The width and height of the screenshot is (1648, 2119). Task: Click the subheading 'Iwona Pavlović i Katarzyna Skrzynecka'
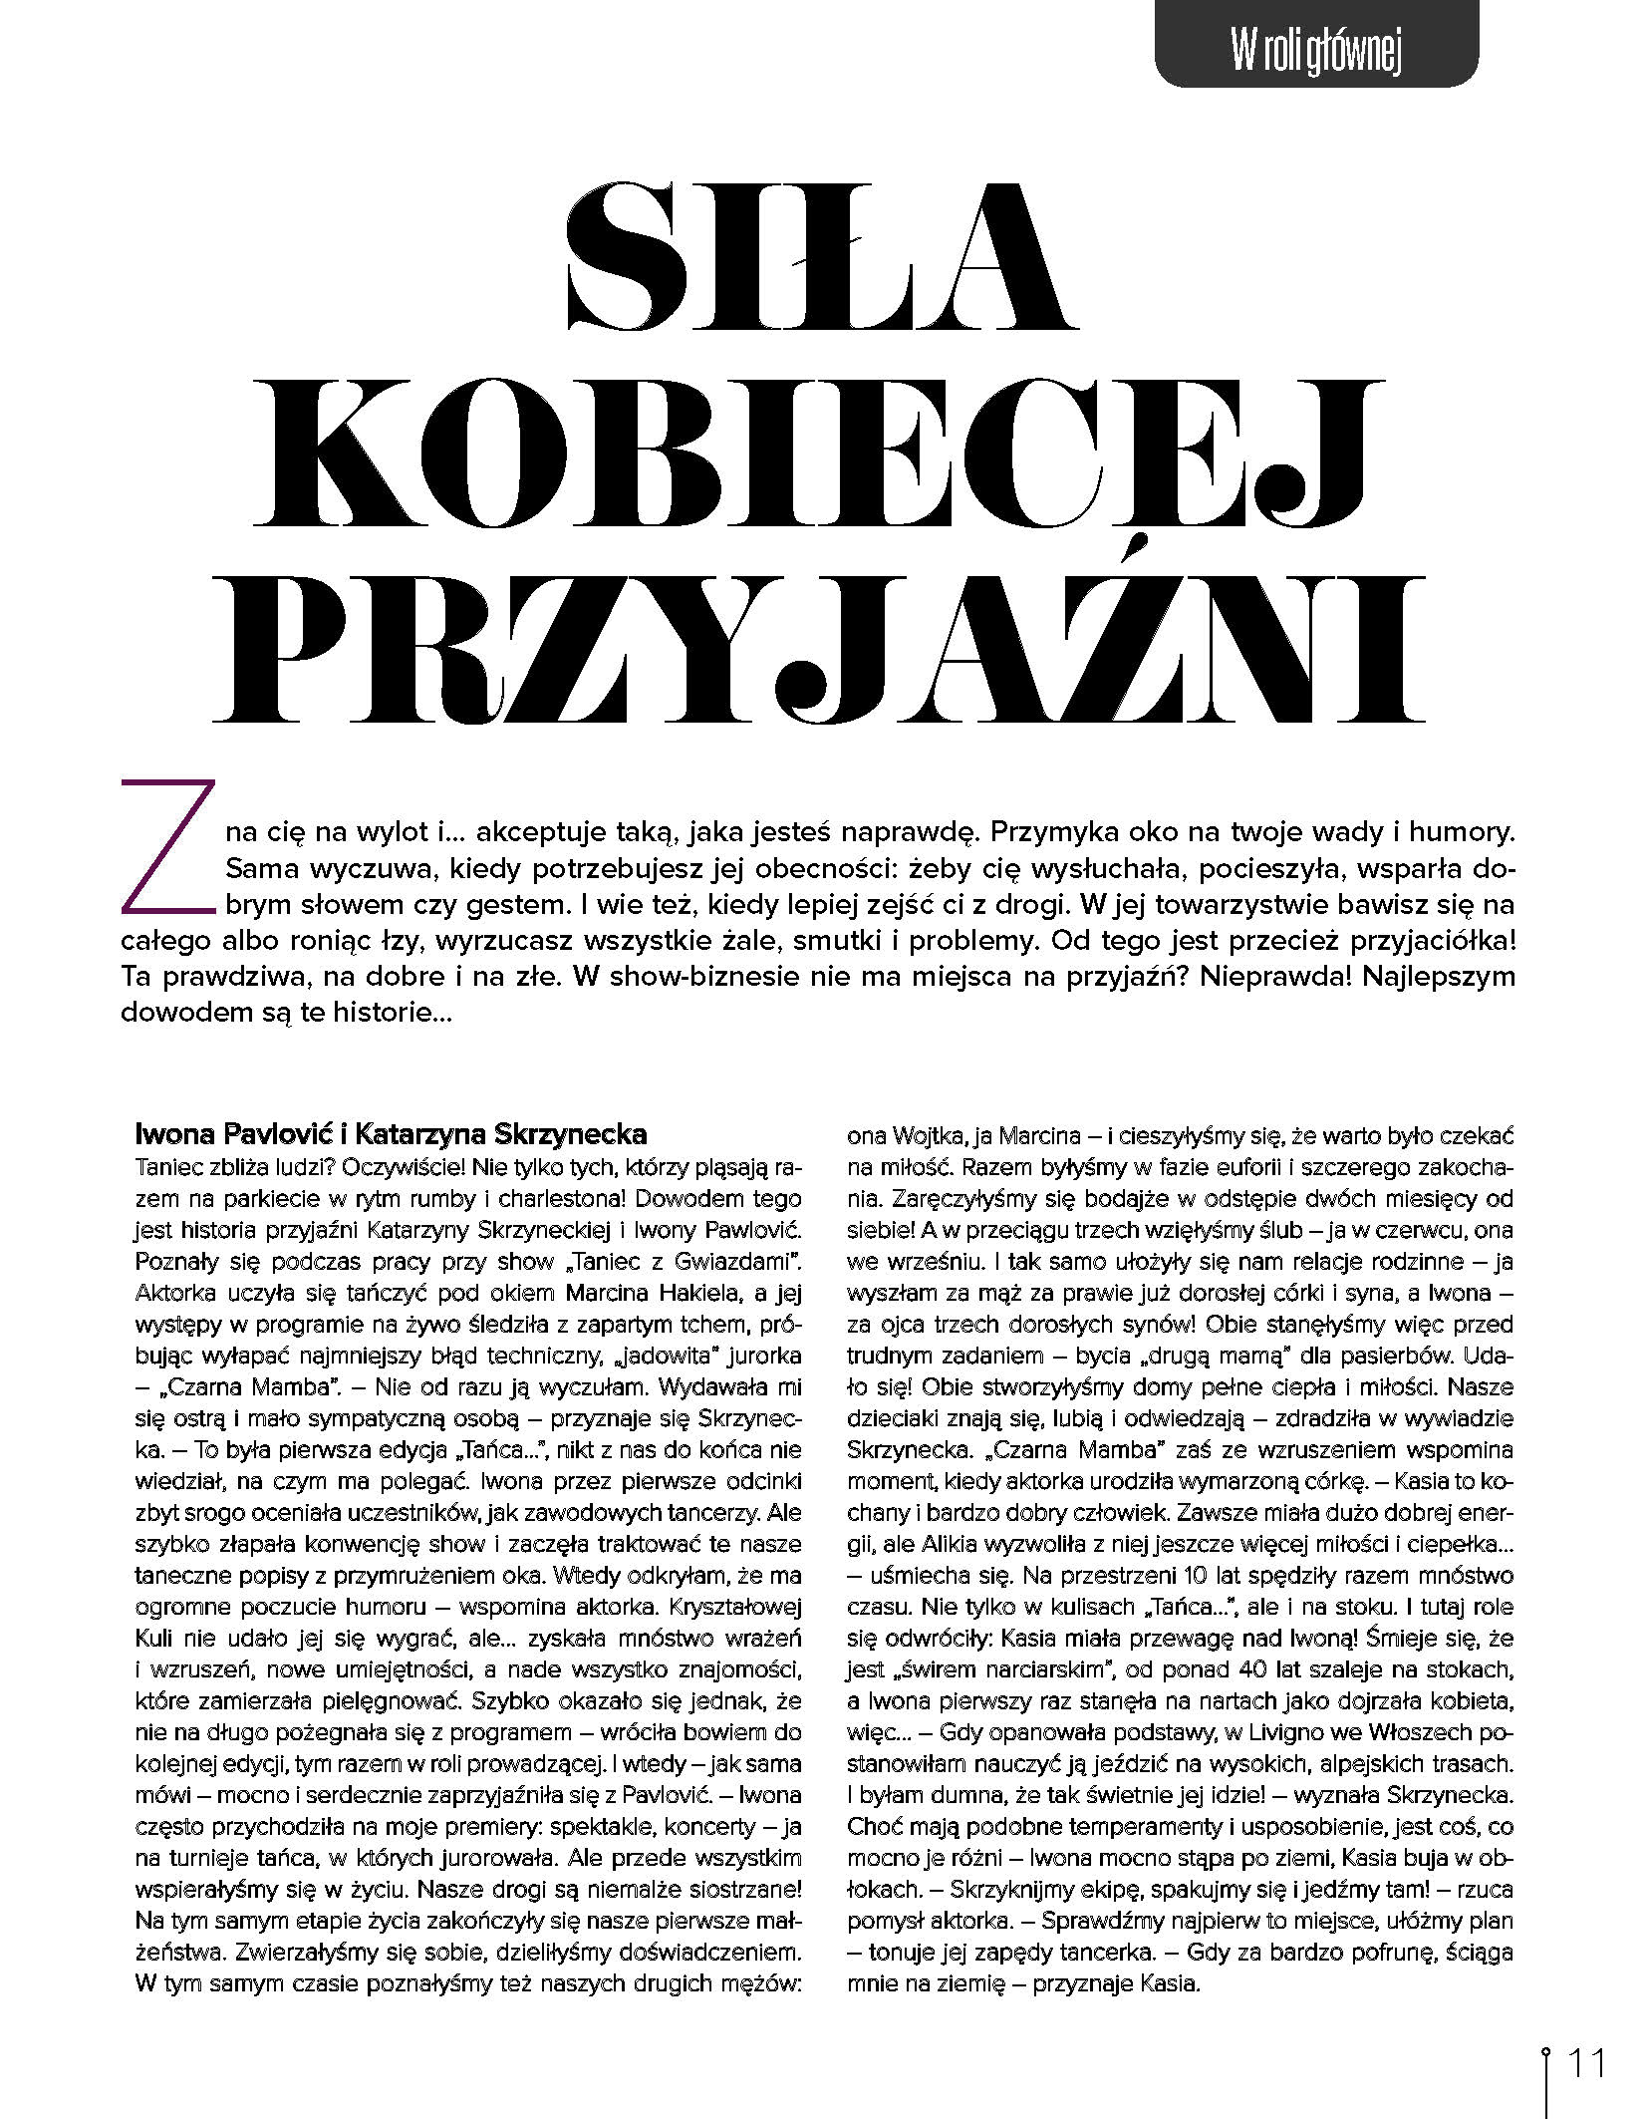[x=391, y=1134]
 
